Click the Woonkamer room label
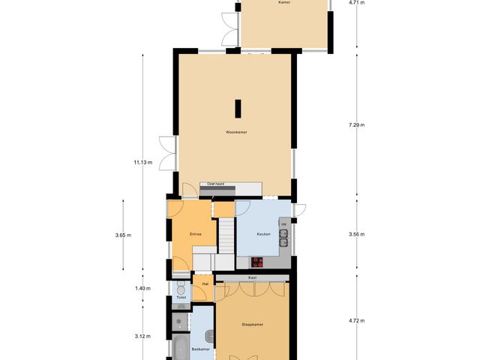[x=236, y=132]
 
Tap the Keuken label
[x=263, y=234]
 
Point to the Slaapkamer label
[x=252, y=325]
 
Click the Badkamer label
[x=199, y=349]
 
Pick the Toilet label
[x=181, y=298]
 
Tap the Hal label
[x=205, y=284]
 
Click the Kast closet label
[x=252, y=277]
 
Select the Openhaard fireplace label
[x=216, y=183]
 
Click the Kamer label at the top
[x=283, y=3]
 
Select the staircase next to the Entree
[x=226, y=235]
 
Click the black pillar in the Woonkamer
[x=237, y=109]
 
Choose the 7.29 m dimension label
[x=356, y=125]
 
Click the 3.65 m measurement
[x=123, y=235]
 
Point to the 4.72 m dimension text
[x=356, y=321]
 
